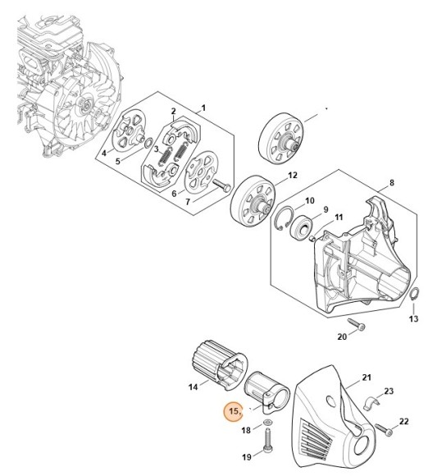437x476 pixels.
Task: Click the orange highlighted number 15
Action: tap(234, 410)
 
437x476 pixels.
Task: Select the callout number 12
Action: tap(292, 175)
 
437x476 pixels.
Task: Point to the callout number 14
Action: tap(193, 386)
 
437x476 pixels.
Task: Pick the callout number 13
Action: tap(413, 318)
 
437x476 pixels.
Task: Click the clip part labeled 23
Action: tap(371, 404)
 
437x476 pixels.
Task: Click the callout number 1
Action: tap(203, 108)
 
